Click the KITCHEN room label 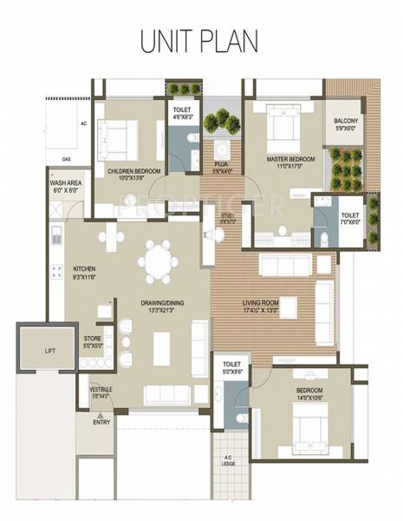(84, 269)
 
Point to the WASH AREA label (66, 184)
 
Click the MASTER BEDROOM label (289, 160)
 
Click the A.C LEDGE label (228, 461)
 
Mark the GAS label (66, 160)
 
